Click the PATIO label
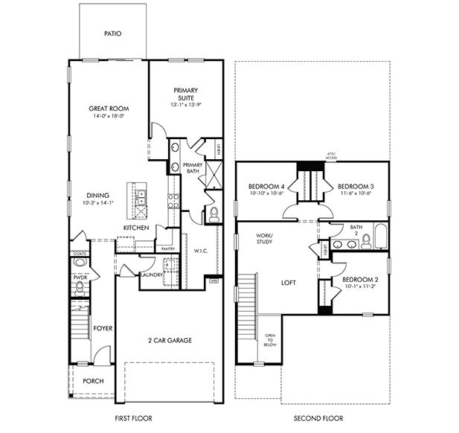112,34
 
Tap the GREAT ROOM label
109,109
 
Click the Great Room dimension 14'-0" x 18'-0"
109,117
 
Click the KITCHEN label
137,227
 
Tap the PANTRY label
168,248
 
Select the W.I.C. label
201,251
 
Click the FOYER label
102,327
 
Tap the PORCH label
93,381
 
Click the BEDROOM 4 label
264,186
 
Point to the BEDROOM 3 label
355,186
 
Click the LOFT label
289,283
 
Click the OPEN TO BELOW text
270,340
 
